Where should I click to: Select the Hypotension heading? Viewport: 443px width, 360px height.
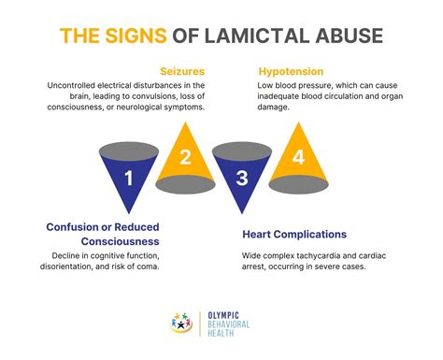coord(291,71)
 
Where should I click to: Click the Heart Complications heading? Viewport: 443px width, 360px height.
coord(294,235)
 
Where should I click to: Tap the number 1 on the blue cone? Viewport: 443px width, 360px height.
coord(130,177)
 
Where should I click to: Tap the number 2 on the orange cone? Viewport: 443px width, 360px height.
coord(185,158)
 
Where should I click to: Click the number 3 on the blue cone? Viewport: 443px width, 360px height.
coord(242,177)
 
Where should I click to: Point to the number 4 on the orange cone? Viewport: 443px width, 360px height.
coord(297,158)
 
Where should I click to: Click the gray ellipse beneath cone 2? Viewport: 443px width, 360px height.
coord(186,184)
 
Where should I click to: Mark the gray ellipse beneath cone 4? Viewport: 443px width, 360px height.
coord(297,184)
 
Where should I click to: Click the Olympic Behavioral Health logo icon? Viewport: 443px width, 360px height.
coord(185,321)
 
